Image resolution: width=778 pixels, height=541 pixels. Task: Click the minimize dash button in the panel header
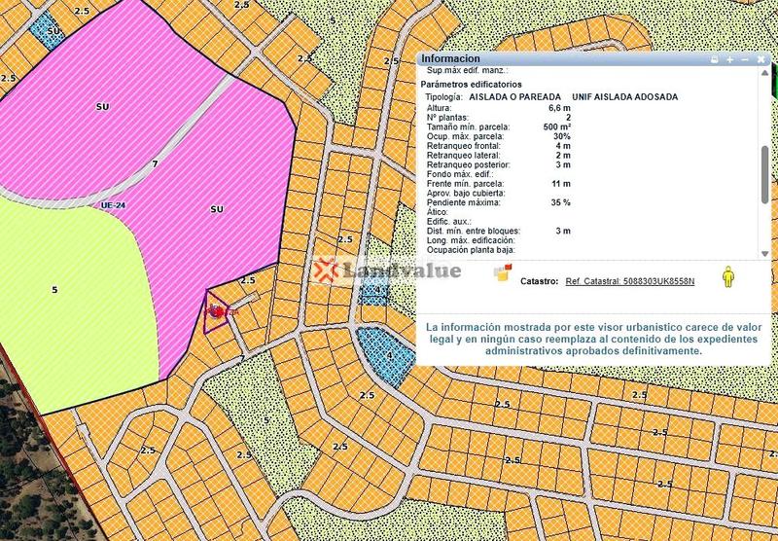point(744,59)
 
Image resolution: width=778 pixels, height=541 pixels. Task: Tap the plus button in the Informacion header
point(729,59)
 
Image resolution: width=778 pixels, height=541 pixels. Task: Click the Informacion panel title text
point(450,58)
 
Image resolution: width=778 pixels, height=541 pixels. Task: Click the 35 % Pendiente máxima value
point(559,202)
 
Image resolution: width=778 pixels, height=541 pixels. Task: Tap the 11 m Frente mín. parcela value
point(561,184)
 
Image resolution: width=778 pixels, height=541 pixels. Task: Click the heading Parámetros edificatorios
point(470,85)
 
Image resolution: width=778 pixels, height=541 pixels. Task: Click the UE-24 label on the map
point(114,206)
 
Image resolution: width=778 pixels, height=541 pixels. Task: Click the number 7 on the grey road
point(155,163)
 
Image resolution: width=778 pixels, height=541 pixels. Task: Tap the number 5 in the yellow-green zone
point(55,289)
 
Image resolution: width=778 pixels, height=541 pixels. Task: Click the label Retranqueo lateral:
point(464,156)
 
